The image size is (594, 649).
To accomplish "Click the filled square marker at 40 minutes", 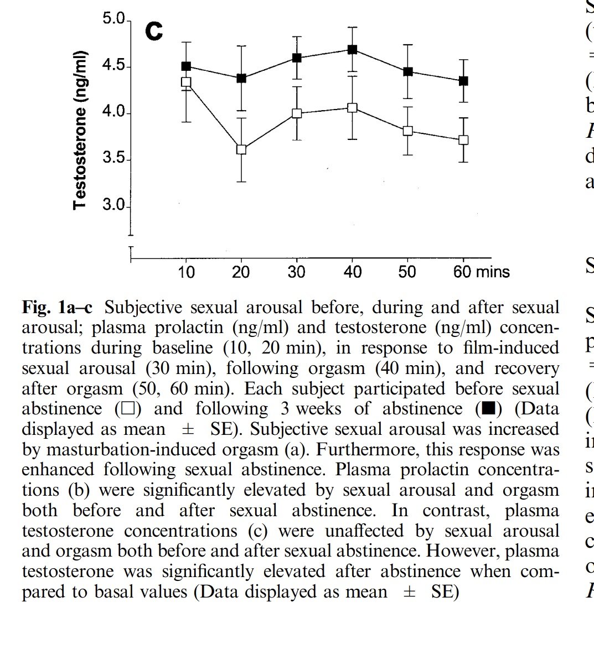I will [352, 49].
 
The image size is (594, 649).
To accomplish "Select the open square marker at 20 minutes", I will [241, 149].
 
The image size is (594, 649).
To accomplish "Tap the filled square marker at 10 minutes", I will [186, 66].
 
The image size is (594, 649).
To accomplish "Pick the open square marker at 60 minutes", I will [463, 140].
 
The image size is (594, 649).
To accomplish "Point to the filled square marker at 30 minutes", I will [297, 58].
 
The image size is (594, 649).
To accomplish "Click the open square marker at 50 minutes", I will [408, 131].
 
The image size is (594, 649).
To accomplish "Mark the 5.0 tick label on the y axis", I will [114, 20].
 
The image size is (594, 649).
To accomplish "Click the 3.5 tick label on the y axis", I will [114, 160].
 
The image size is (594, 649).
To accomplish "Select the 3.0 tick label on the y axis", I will [114, 206].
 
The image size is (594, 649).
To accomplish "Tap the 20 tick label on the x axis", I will [241, 272].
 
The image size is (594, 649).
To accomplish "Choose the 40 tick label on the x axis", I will [352, 272].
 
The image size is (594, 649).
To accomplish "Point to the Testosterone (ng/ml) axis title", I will [80, 130].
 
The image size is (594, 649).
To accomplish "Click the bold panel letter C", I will [154, 32].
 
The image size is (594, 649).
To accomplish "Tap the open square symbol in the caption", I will [123, 409].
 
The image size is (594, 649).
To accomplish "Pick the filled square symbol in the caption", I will [488, 409].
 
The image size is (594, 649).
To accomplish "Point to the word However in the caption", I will [463, 551].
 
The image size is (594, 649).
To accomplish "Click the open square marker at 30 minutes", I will [297, 113].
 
